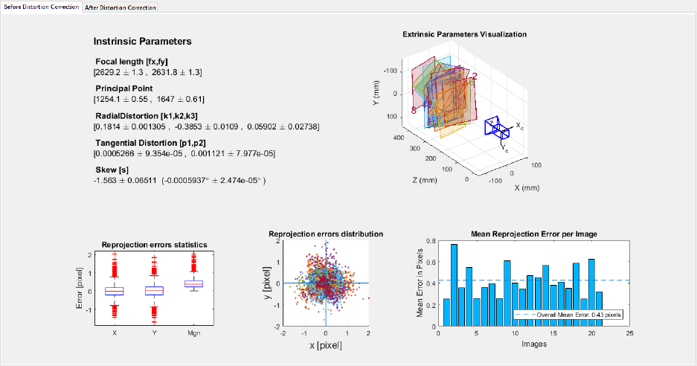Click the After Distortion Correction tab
[x=120, y=7]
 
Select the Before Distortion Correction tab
[x=41, y=7]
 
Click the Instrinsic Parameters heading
[x=142, y=42]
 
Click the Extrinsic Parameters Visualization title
[x=464, y=34]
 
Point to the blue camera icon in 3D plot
[x=495, y=128]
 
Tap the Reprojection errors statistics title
[x=154, y=245]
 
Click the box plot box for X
[x=115, y=291]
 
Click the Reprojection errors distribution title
[x=326, y=234]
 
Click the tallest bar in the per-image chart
[x=454, y=284]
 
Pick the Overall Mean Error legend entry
[x=568, y=315]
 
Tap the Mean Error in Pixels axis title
[x=420, y=283]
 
